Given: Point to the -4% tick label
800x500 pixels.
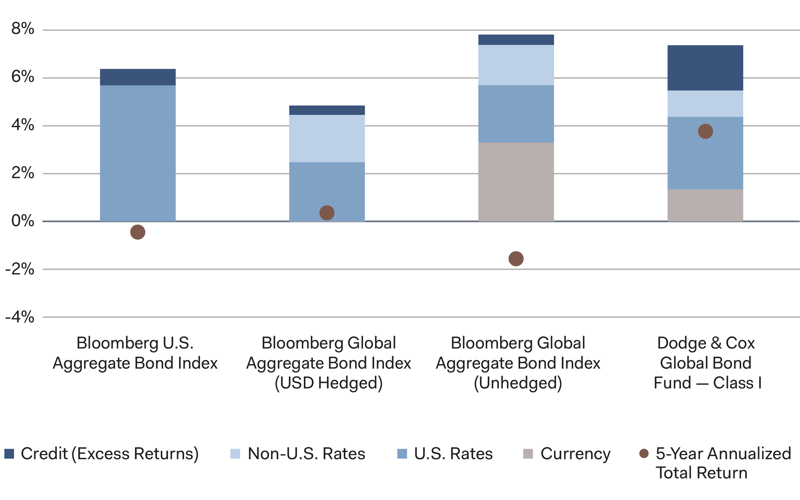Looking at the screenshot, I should point(20,317).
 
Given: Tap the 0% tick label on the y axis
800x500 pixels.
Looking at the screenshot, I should point(22,220).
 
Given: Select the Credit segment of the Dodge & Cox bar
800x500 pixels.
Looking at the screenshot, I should point(705,68).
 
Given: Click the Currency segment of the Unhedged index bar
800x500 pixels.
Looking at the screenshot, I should point(516,182).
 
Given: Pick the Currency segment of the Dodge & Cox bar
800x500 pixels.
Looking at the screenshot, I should point(705,205).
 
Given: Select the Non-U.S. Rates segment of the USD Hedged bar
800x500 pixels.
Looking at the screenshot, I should point(327,138).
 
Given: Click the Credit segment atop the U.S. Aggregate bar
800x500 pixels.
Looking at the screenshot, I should point(138,77).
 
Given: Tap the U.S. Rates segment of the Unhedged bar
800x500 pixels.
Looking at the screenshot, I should point(516,114).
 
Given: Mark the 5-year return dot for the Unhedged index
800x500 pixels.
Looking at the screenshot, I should point(516,259).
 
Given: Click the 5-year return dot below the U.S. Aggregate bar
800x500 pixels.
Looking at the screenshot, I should point(138,232).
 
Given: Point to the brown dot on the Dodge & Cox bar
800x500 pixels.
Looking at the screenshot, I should point(705,131).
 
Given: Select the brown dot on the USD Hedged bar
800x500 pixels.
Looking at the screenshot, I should point(327,213).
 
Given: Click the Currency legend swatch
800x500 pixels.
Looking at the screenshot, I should point(528,454).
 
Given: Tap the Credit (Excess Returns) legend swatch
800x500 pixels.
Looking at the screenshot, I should point(9,454).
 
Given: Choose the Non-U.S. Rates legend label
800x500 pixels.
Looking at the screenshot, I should point(306,454).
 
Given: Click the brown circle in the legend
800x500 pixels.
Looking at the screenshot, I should point(644,454).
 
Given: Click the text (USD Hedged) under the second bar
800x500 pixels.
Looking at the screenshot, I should point(328,383).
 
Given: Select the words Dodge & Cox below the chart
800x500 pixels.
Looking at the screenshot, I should point(706,343).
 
